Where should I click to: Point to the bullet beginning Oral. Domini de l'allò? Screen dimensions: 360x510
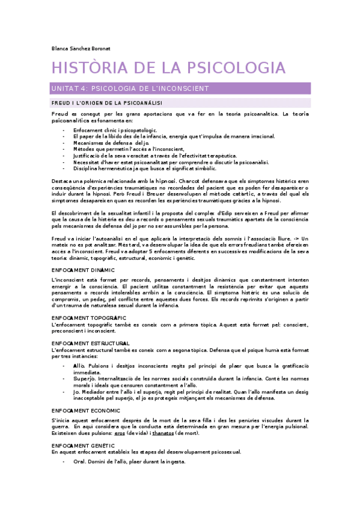pyautogui.click(x=129, y=461)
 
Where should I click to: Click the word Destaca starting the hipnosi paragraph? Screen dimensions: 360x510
pyautogui.click(x=63, y=181)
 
